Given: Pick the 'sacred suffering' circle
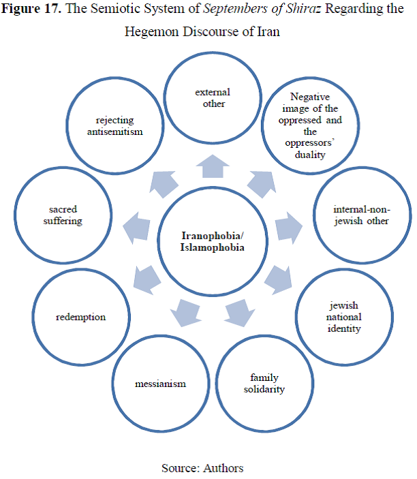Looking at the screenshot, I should click(x=65, y=215).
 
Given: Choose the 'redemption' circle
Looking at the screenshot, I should click(x=81, y=317).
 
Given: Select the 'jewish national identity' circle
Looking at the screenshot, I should click(x=343, y=318).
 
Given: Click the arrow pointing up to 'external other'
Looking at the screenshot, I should click(x=213, y=166).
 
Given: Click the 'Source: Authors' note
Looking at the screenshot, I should click(x=202, y=467).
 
